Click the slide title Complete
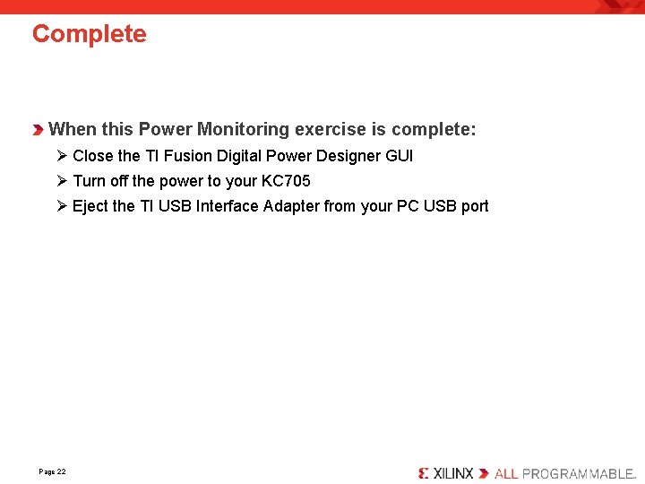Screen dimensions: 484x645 [x=89, y=34]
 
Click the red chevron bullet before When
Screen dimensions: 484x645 [x=39, y=131]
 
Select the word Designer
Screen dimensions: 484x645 [x=348, y=156]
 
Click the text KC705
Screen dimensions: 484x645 [x=286, y=181]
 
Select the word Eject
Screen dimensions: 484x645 [x=90, y=206]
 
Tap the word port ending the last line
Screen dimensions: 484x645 [x=475, y=206]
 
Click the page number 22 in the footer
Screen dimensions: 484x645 [x=60, y=471]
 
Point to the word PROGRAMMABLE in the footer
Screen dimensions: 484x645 [x=578, y=472]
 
